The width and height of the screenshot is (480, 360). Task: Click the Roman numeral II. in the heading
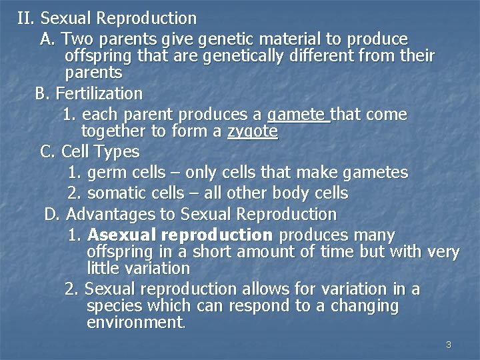pyautogui.click(x=26, y=18)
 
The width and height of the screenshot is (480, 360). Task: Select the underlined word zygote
pyautogui.click(x=252, y=131)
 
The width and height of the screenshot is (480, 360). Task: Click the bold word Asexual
pyautogui.click(x=121, y=235)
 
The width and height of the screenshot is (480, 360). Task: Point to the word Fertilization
pyautogui.click(x=99, y=93)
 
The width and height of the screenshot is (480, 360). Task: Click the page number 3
pyautogui.click(x=448, y=345)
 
